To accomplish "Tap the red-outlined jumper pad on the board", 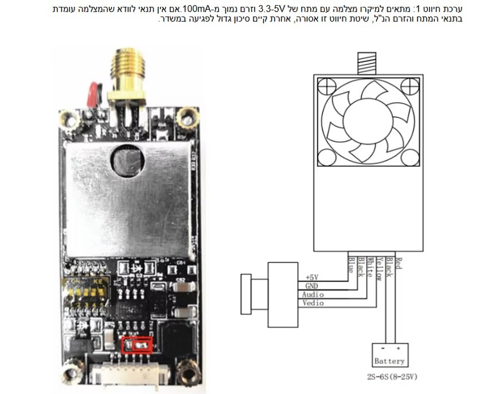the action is tap(137, 345).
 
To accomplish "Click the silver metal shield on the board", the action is tap(128, 200).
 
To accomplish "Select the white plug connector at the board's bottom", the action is tap(135, 373).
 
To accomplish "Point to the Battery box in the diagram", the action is tap(390, 355).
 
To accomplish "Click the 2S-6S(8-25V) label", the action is tap(392, 376).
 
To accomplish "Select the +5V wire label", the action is tap(312, 278).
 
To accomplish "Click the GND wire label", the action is tap(311, 286).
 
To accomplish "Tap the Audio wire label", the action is tap(313, 295).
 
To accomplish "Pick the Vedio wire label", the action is tap(313, 303).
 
